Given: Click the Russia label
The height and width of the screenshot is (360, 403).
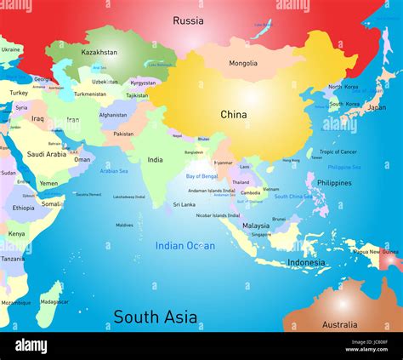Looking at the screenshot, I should coord(188,20).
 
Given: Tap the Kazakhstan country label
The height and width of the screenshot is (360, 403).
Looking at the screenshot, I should coord(99,53).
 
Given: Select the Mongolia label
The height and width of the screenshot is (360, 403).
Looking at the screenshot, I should coord(242,63).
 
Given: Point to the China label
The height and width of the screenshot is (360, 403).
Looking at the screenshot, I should coord(234,114).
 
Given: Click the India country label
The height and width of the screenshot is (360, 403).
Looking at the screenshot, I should coord(155,159).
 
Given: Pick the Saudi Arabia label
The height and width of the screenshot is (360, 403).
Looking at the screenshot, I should coord(47,154).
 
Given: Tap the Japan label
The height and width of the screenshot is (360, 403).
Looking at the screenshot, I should coord(375,107).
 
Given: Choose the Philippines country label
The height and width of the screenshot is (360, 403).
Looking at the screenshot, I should coord(333,183).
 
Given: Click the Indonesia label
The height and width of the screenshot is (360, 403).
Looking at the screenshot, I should coord(306,263).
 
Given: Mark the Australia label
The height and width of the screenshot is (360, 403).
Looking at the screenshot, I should coord(339,324).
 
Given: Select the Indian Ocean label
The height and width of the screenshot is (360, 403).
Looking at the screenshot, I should coord(184,246).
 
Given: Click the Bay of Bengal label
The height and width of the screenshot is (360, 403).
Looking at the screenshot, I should coord(202,176).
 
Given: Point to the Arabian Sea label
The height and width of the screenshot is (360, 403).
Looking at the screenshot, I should coord(115,170).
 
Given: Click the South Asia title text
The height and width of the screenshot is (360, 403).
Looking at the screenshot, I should coord(156,317).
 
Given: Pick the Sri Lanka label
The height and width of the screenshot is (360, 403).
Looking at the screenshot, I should coord(184,204).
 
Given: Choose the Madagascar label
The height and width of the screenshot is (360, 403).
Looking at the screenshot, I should coord(54,301).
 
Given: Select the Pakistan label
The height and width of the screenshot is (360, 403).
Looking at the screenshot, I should coord(123,134).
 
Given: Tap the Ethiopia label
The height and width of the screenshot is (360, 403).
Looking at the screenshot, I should coord(24,208).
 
